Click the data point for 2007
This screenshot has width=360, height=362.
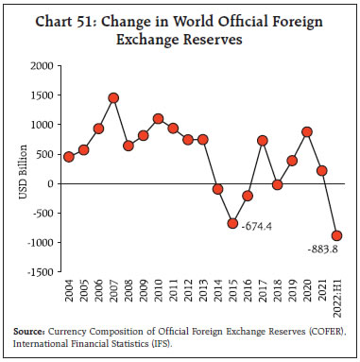click(x=113, y=98)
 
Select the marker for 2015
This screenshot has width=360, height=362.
click(x=231, y=223)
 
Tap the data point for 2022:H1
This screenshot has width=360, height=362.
click(x=336, y=235)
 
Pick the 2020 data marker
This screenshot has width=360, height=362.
click(x=306, y=132)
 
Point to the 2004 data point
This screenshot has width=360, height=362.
click(x=69, y=157)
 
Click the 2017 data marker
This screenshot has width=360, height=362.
click(x=262, y=141)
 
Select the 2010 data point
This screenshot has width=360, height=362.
click(x=158, y=119)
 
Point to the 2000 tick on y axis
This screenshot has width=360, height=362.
click(x=41, y=66)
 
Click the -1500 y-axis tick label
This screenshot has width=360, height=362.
click(x=39, y=272)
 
